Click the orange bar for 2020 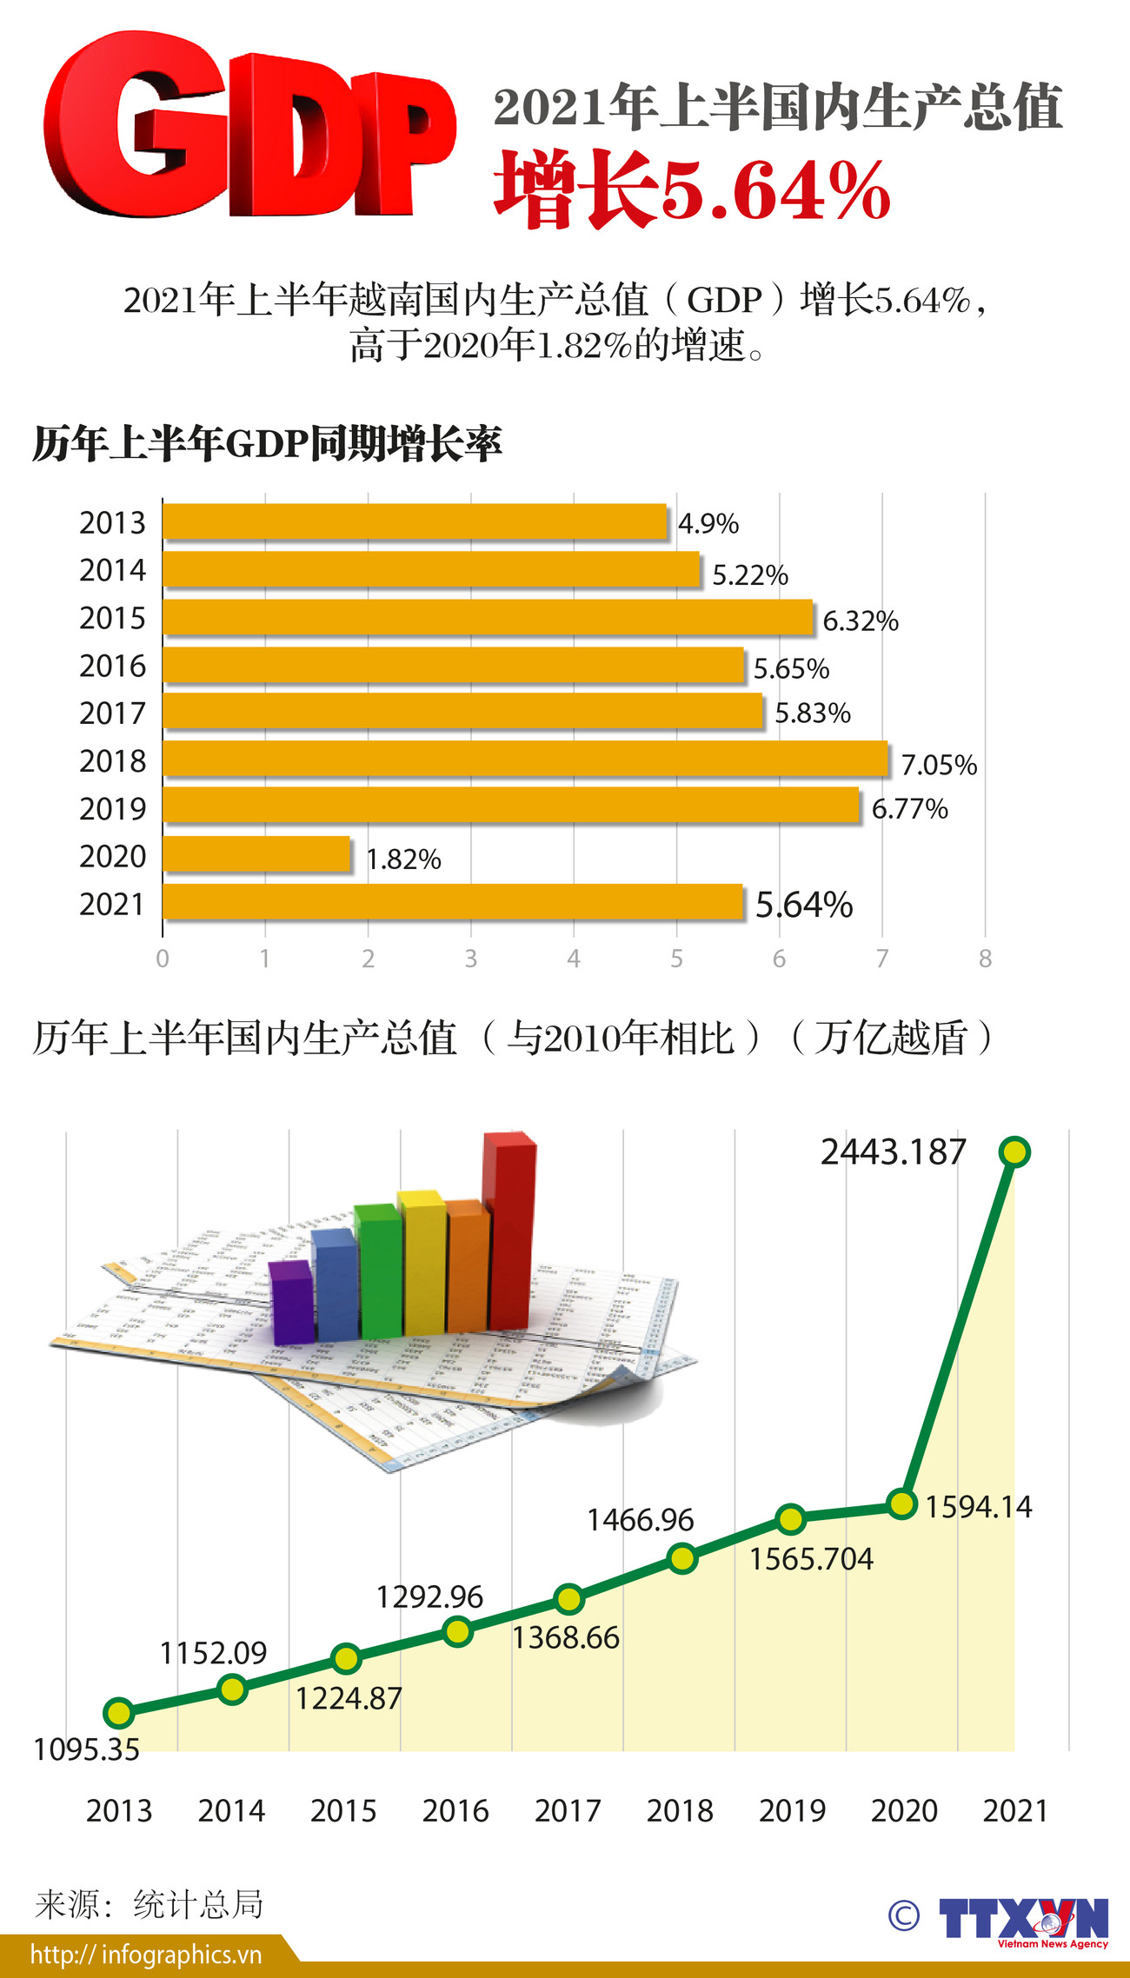click(x=256, y=854)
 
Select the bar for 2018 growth click(x=525, y=759)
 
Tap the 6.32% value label click(x=860, y=621)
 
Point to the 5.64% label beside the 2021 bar click(x=804, y=905)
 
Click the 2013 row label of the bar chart click(x=112, y=522)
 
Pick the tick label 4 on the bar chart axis click(x=574, y=959)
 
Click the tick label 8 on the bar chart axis click(x=985, y=959)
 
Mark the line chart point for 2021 click(x=1014, y=1152)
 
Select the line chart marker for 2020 click(x=902, y=1503)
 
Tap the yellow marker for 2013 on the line click(x=118, y=1713)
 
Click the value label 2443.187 click(x=893, y=1152)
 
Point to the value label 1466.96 click(x=641, y=1520)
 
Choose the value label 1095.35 click(x=86, y=1749)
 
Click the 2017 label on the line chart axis click(x=568, y=1811)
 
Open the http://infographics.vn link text click(x=146, y=1955)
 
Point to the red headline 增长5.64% click(x=693, y=189)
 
